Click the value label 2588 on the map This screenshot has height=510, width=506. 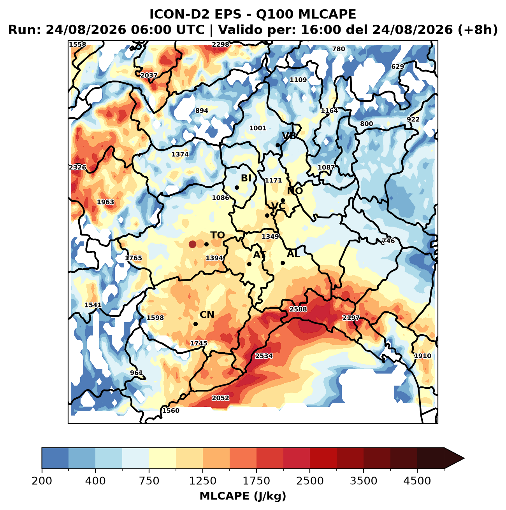(x=298, y=309)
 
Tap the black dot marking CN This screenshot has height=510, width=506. (x=195, y=324)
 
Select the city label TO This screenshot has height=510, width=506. (x=217, y=235)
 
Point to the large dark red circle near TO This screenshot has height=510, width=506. (x=192, y=244)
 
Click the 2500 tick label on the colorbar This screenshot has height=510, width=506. (x=310, y=480)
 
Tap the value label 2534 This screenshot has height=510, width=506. (x=264, y=356)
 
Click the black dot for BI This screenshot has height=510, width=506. (x=237, y=187)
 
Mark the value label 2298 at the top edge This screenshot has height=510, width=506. (x=220, y=44)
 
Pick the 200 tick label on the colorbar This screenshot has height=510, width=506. (x=42, y=480)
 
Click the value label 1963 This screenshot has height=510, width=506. (x=105, y=202)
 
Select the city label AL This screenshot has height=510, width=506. (x=293, y=253)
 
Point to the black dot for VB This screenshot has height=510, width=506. (x=278, y=145)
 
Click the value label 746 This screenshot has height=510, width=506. (x=388, y=241)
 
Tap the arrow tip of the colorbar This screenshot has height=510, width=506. (x=464, y=458)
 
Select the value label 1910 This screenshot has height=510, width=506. (x=422, y=356)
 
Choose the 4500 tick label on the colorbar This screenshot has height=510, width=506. (x=417, y=480)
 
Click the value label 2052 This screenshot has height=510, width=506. (x=220, y=398)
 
